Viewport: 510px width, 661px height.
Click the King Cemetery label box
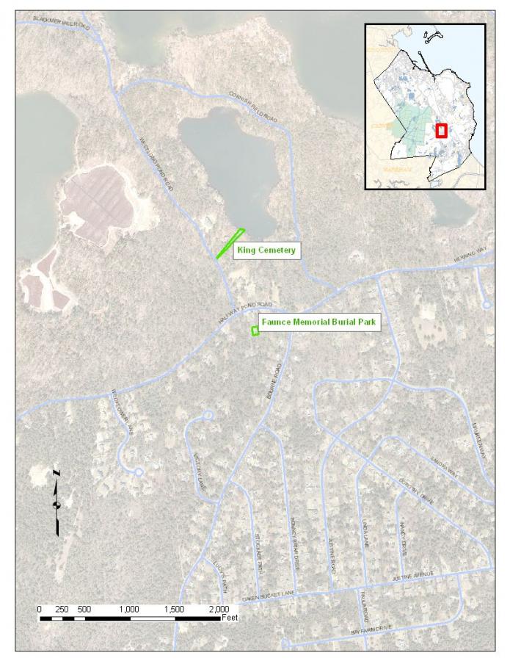click(x=266, y=251)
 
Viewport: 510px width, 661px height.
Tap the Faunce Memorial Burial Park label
click(x=320, y=322)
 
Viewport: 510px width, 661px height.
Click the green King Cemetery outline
click(x=230, y=244)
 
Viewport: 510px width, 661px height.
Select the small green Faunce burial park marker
click(x=255, y=331)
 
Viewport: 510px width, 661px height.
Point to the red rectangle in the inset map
click(x=441, y=130)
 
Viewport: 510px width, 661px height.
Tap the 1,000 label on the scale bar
click(x=129, y=609)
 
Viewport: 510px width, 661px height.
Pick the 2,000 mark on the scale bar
click(x=219, y=609)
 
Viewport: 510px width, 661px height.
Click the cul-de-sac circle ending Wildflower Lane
click(x=138, y=472)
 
